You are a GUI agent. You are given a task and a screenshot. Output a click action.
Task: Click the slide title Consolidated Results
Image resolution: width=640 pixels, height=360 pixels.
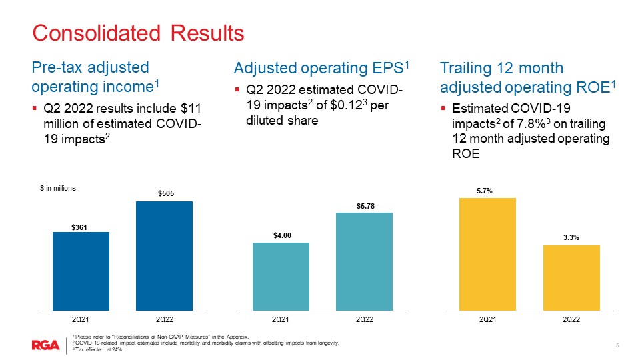(x=139, y=33)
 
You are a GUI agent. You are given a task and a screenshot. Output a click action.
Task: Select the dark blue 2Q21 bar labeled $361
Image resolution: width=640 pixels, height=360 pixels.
(x=81, y=271)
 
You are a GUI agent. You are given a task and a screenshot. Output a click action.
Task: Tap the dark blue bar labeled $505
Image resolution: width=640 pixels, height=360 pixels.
(x=164, y=255)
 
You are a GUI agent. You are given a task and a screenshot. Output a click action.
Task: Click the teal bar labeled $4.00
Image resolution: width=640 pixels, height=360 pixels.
(x=281, y=276)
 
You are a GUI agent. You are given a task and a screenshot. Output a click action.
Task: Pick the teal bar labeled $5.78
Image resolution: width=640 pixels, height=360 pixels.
(x=364, y=261)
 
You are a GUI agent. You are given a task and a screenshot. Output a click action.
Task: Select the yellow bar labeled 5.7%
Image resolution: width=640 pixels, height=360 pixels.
(x=487, y=254)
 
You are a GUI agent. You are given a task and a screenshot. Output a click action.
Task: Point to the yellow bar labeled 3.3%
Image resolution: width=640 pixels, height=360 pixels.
(x=571, y=277)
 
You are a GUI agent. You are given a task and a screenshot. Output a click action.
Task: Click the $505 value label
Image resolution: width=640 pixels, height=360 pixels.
(x=164, y=193)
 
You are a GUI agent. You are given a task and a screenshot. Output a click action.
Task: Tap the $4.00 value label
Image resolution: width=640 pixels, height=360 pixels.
(x=281, y=235)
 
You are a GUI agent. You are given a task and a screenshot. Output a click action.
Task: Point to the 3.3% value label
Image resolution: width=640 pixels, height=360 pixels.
(x=571, y=237)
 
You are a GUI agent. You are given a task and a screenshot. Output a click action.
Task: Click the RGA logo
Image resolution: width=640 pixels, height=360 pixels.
(x=46, y=345)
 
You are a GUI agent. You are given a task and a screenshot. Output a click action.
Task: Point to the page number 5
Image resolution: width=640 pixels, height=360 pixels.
(x=617, y=345)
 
